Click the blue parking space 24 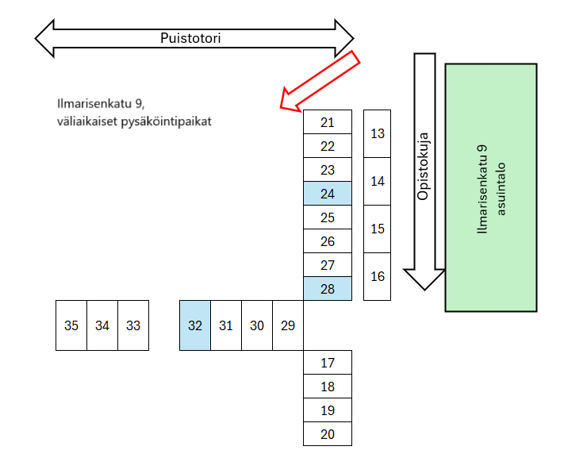pos(328,194)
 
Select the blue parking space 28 pos(328,288)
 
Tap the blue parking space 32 pos(195,325)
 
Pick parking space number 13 pos(377,133)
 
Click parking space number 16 pos(377,276)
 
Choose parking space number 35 pos(71,325)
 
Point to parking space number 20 pos(328,434)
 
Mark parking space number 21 pos(328,122)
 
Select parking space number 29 pos(288,325)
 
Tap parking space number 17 pos(328,362)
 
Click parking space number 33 pos(133,325)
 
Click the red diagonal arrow pos(320,81)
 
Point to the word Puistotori pos(190,38)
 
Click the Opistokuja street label pos(423,166)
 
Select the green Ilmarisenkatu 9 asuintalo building pos(491,187)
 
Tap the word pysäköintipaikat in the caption pos(166,121)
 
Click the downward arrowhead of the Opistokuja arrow pos(424,279)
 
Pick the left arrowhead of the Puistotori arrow pos(44,38)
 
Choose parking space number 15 pos(377,229)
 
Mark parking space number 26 pos(328,240)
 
